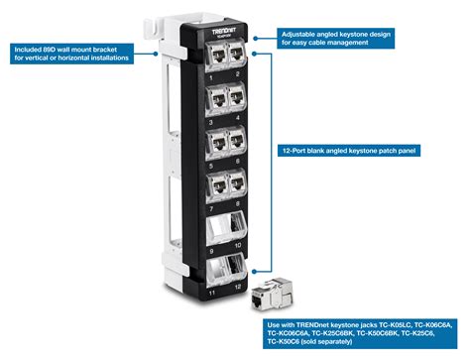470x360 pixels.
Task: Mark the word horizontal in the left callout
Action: pos(111,57)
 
